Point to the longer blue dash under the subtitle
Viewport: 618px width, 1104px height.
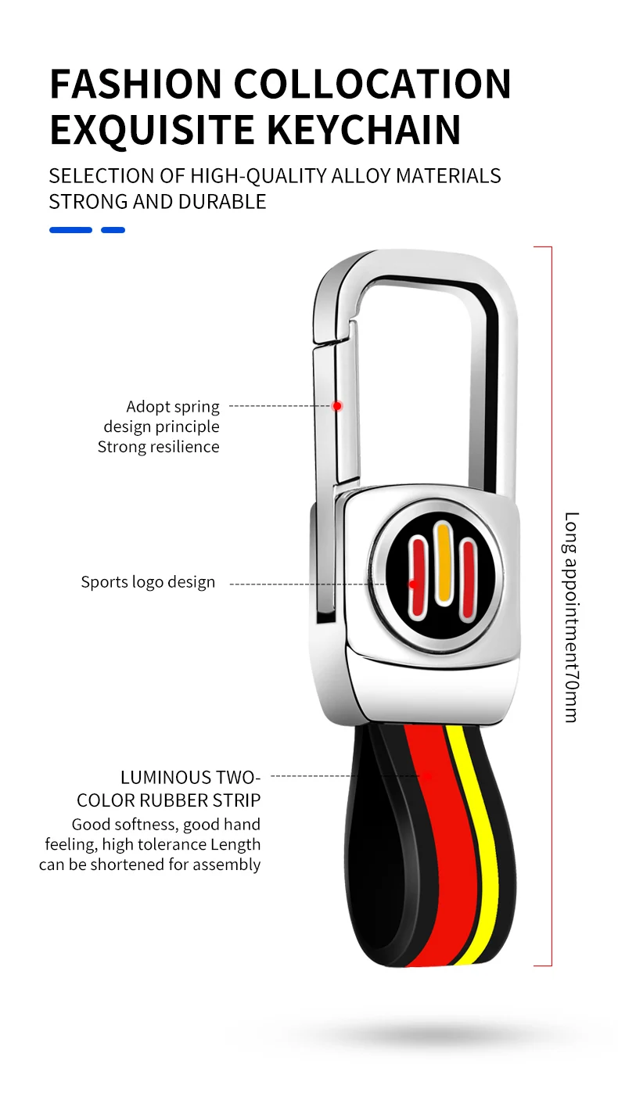pos(70,230)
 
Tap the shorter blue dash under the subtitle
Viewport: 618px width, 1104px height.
pos(113,230)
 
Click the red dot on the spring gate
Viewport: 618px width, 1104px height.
pos(336,405)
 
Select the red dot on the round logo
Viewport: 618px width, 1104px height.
pos(412,584)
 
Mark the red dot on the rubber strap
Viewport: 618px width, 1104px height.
pos(427,775)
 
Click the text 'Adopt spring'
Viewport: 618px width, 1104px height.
pos(173,407)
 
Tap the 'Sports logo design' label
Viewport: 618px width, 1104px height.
pos(148,582)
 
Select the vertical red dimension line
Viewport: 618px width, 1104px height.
pos(552,606)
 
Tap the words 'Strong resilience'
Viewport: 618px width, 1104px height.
pos(158,447)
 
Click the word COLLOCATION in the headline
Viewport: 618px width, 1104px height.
pos(372,84)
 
